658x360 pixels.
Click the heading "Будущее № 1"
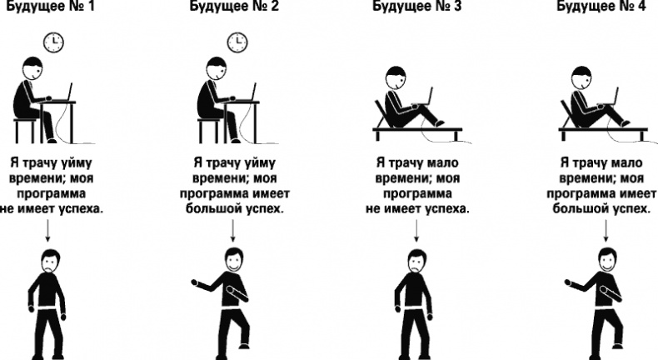pyautogui.click(x=51, y=6)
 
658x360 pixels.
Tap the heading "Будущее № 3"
pyautogui.click(x=416, y=6)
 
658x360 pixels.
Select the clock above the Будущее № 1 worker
pyautogui.click(x=53, y=42)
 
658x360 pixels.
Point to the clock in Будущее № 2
pyautogui.click(x=237, y=42)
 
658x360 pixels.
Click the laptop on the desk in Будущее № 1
pyautogui.click(x=62, y=92)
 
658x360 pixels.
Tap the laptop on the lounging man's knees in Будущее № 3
pyautogui.click(x=423, y=97)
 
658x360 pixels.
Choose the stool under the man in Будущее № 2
pyautogui.click(x=208, y=130)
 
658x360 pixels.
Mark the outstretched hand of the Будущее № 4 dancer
pyautogui.click(x=568, y=282)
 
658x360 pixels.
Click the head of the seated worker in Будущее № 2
pyautogui.click(x=217, y=68)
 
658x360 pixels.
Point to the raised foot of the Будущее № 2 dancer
pyautogui.click(x=244, y=345)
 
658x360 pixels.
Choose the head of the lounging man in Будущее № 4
pyautogui.click(x=581, y=77)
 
